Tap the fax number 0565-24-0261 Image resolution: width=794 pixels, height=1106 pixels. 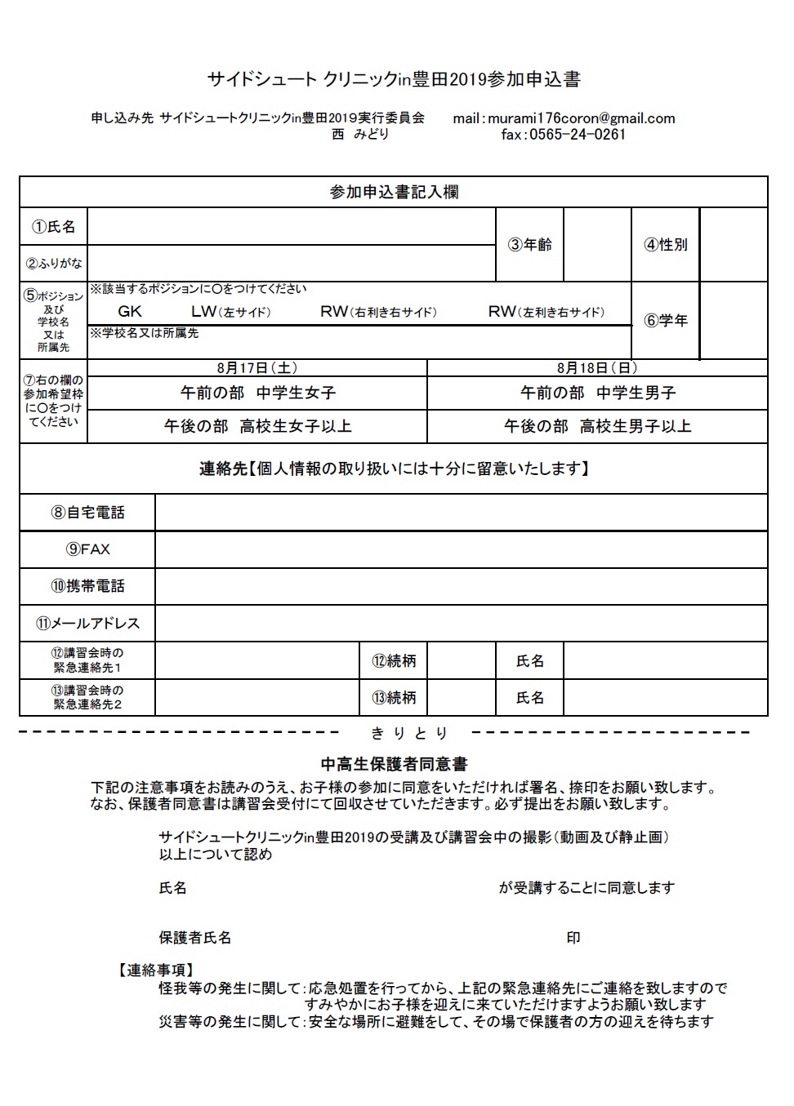pyautogui.click(x=577, y=135)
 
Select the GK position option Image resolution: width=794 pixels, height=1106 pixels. pyautogui.click(x=130, y=311)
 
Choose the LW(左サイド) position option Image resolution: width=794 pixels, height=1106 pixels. pyautogui.click(x=230, y=311)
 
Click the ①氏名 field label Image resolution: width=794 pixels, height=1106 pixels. pyautogui.click(x=54, y=227)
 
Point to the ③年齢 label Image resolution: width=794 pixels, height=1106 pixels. pyautogui.click(x=529, y=245)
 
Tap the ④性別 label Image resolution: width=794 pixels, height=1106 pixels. pyautogui.click(x=666, y=245)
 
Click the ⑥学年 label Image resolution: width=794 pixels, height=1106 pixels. pyautogui.click(x=666, y=321)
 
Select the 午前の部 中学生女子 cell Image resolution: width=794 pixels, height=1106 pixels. pyautogui.click(x=258, y=393)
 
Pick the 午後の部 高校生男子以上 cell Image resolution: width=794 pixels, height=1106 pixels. pyautogui.click(x=598, y=426)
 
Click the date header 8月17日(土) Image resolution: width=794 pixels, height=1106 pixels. pyautogui.click(x=257, y=368)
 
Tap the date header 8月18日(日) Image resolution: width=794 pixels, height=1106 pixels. pyautogui.click(x=597, y=368)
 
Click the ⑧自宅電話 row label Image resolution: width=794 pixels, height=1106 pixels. pyautogui.click(x=87, y=513)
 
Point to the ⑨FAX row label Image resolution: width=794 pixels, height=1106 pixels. pyautogui.click(x=87, y=549)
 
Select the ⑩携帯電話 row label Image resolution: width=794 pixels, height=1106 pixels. pyautogui.click(x=87, y=586)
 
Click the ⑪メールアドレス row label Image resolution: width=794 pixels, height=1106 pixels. pyautogui.click(x=87, y=624)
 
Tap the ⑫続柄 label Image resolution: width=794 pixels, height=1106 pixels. pyautogui.click(x=394, y=661)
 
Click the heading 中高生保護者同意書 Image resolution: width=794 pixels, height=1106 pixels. pyautogui.click(x=394, y=765)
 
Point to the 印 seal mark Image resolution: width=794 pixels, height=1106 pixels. pyautogui.click(x=573, y=938)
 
